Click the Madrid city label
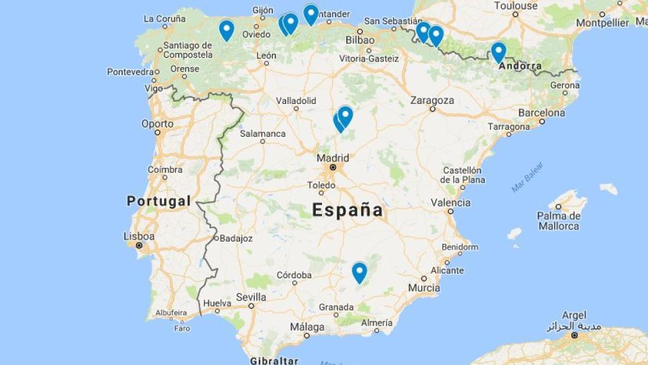333,158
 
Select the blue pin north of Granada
359,272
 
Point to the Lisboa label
139,236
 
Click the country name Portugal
158,201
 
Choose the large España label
347,210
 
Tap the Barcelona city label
541,113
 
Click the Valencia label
450,203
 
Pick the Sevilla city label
251,297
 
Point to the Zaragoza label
432,100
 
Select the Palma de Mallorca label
558,221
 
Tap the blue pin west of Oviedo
226,30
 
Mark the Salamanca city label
263,133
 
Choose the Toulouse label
516,6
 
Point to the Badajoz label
235,238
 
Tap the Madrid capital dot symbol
333,167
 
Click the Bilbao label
360,40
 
